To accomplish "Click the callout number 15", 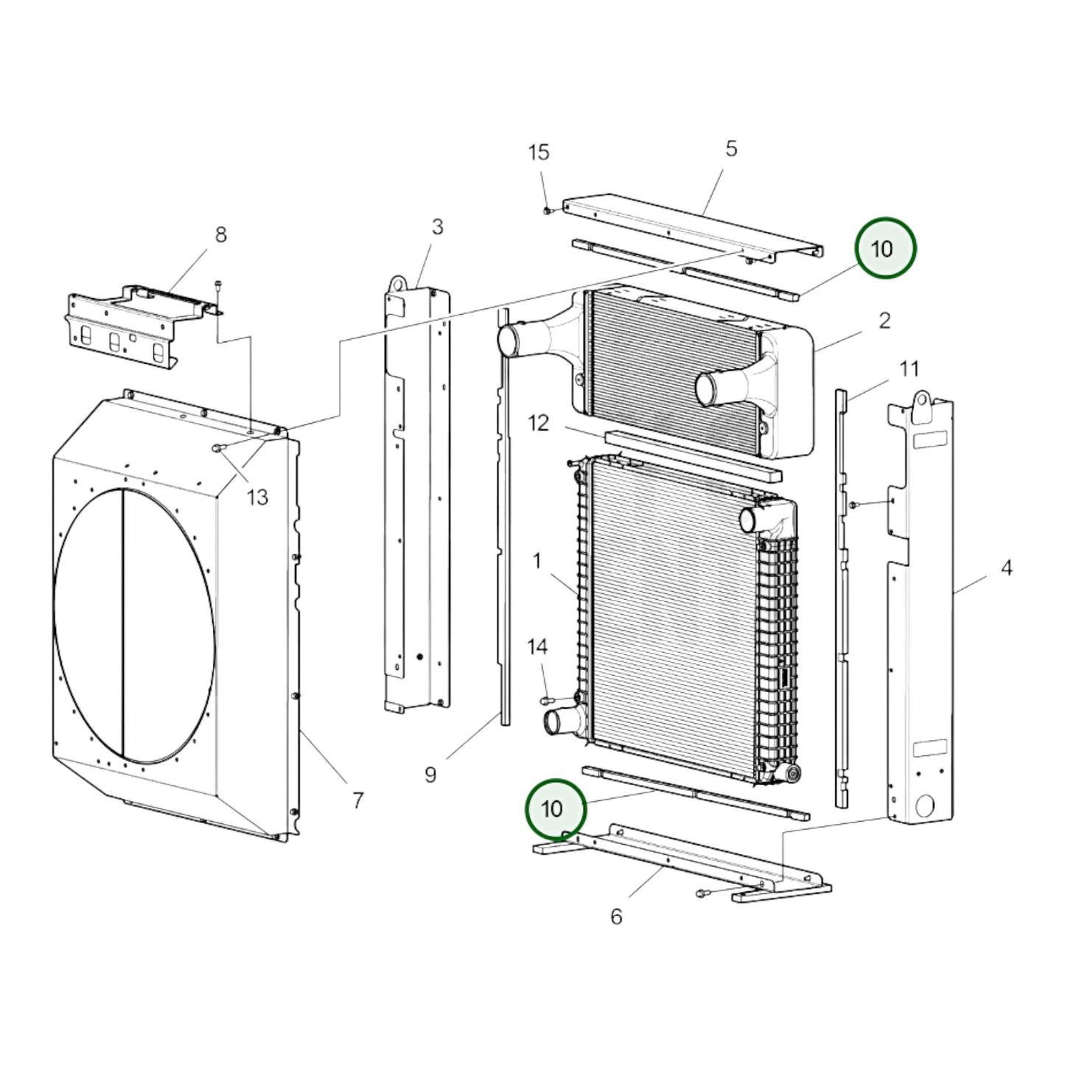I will click(539, 153).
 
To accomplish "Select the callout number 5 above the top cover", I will click(730, 149).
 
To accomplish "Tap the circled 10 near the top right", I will click(884, 248).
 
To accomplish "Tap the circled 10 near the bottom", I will click(554, 809).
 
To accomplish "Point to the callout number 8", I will click(220, 235).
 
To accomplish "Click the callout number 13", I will click(257, 497).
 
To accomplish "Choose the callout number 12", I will click(539, 423).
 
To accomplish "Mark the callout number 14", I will click(537, 647).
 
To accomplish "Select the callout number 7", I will click(357, 800).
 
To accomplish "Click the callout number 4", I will click(1006, 568).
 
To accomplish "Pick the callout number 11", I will click(909, 369).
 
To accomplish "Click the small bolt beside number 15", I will click(548, 210).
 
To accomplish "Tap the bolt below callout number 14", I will click(548, 699).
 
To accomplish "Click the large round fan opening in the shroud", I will click(134, 625).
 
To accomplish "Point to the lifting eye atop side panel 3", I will click(399, 284).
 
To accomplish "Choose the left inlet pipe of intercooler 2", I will click(510, 341).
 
